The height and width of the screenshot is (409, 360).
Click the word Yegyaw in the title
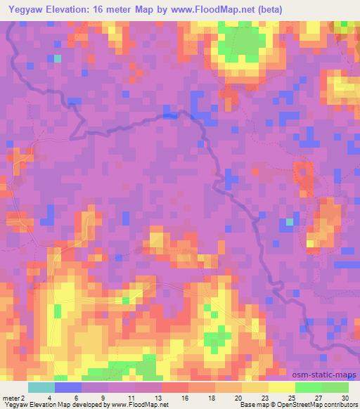pos(25,10)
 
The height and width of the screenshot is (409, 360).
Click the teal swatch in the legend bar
pos(41,387)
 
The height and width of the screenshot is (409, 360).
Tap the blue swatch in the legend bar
pos(67,387)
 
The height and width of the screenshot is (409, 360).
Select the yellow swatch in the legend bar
pos(281,387)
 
